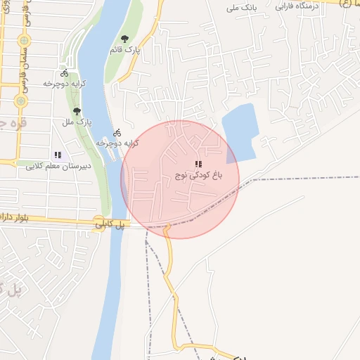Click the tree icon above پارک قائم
click(124, 39)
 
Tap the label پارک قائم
click(126, 50)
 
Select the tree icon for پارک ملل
click(77, 111)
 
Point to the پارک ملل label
click(78, 122)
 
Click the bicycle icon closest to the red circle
click(117, 131)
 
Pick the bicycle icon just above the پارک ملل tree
click(65, 72)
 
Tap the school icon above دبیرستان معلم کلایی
click(58, 155)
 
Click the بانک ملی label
click(240, 8)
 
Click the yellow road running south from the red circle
click(169, 274)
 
